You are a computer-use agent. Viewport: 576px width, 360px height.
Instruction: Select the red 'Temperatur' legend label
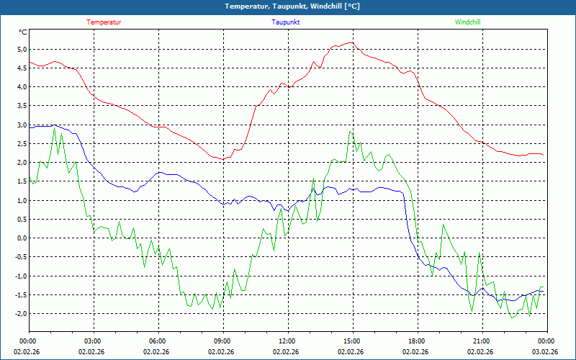click(104, 22)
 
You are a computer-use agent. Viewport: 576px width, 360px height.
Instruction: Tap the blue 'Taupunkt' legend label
click(286, 22)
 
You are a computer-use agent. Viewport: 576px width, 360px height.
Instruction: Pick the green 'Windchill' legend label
click(468, 22)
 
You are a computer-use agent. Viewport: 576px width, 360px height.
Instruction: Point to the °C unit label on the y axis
click(23, 32)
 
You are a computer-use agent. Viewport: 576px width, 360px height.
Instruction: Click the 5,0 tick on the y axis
click(21, 50)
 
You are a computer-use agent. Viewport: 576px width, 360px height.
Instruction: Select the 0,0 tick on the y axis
click(21, 238)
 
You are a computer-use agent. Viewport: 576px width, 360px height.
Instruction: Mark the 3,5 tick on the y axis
click(21, 106)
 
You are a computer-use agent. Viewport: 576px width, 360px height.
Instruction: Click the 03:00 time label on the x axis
click(93, 341)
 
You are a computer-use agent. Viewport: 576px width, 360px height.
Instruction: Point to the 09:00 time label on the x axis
click(222, 341)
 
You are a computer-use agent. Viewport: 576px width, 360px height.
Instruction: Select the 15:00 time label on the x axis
click(352, 341)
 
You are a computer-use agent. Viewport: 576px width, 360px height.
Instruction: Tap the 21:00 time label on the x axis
click(482, 341)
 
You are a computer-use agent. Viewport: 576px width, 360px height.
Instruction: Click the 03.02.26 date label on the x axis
click(545, 352)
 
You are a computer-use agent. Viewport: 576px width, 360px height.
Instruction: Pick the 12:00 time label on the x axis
click(287, 341)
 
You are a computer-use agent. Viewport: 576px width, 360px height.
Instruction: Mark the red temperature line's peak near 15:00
click(351, 43)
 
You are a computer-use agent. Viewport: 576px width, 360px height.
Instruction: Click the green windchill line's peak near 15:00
click(350, 131)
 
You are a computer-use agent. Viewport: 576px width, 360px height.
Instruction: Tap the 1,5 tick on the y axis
click(21, 181)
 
